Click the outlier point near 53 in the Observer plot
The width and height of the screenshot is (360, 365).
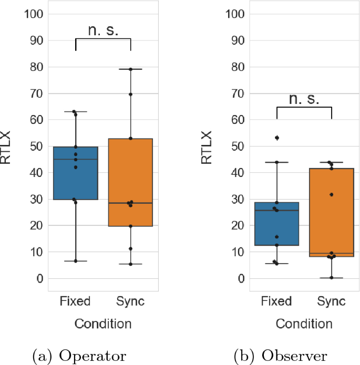click(x=277, y=138)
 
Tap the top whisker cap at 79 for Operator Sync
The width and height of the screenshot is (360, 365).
click(x=130, y=69)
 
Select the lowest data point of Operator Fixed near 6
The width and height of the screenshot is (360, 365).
click(x=75, y=260)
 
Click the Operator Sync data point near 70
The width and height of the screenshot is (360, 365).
click(x=130, y=94)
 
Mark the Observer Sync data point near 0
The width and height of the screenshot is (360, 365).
click(x=332, y=277)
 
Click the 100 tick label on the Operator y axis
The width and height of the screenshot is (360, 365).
click(x=33, y=14)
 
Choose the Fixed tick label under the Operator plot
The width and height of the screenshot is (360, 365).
click(x=75, y=301)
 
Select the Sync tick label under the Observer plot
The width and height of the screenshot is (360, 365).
click(x=332, y=301)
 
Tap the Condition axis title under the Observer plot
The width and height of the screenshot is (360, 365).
click(x=304, y=324)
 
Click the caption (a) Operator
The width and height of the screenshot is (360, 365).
click(x=79, y=356)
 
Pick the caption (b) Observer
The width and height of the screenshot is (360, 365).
click(x=281, y=356)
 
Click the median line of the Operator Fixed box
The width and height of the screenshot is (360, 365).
click(x=75, y=159)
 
